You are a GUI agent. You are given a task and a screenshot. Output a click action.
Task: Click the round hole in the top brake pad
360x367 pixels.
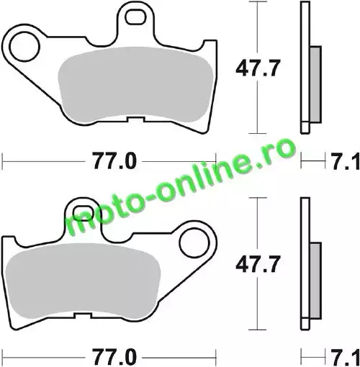point(24,46)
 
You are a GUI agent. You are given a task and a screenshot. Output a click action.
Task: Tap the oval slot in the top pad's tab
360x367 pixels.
point(136,17)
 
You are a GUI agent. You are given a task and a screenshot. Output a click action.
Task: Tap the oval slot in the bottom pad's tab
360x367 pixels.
point(83,213)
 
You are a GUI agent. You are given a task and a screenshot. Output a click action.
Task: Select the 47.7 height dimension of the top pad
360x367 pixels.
point(258,68)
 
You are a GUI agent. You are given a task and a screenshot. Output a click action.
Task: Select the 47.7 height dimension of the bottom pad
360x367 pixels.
point(258,265)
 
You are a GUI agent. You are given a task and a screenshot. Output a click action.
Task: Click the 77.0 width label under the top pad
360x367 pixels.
point(114,161)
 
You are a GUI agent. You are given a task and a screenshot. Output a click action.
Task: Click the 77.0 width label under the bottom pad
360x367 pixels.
point(114,357)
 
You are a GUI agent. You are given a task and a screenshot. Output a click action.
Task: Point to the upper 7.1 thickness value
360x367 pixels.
point(346,161)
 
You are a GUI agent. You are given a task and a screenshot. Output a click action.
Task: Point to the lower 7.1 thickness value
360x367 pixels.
point(346,357)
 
